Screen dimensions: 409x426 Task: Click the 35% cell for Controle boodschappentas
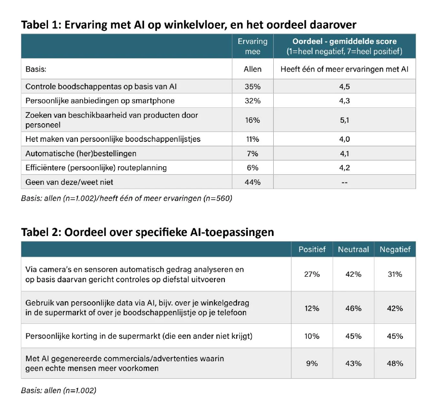pos(252,86)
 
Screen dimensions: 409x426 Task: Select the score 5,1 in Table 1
pos(344,120)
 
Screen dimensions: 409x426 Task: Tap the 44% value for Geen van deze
pos(252,182)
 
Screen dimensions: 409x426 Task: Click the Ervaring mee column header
pos(252,46)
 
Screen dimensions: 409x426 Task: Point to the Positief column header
pos(312,250)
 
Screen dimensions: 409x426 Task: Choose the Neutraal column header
pos(353,250)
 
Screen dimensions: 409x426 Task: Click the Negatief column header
pos(395,250)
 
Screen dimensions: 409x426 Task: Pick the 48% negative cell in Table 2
pos(395,363)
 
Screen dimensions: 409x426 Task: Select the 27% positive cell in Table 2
pos(312,274)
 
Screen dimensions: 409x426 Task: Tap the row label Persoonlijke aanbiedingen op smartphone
pos(100,101)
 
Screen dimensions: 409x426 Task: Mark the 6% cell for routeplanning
pos(252,168)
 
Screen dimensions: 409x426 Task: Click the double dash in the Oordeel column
pos(344,182)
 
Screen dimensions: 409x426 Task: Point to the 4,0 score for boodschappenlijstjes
pos(344,139)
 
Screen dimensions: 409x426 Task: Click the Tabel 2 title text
pos(148,232)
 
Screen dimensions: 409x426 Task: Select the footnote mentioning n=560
pos(126,198)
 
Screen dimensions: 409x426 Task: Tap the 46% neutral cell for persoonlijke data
pos(353,308)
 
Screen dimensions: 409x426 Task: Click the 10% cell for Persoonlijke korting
pos(312,336)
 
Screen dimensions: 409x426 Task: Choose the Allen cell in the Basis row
pos(252,70)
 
